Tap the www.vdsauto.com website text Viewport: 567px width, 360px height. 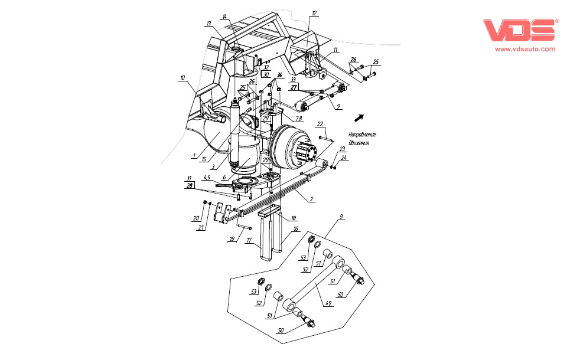tap(524, 50)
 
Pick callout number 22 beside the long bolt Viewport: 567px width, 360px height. tap(320, 124)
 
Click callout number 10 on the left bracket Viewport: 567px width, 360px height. tap(183, 77)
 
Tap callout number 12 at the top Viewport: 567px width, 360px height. tap(314, 12)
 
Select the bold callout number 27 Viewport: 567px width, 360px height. tap(294, 86)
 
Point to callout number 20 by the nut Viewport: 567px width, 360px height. tap(196, 218)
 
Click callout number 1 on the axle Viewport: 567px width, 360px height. tap(194, 155)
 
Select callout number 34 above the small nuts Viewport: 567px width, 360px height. tap(279, 74)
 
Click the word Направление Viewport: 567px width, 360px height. tap(362, 135)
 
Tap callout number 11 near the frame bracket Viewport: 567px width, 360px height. tap(335, 50)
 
